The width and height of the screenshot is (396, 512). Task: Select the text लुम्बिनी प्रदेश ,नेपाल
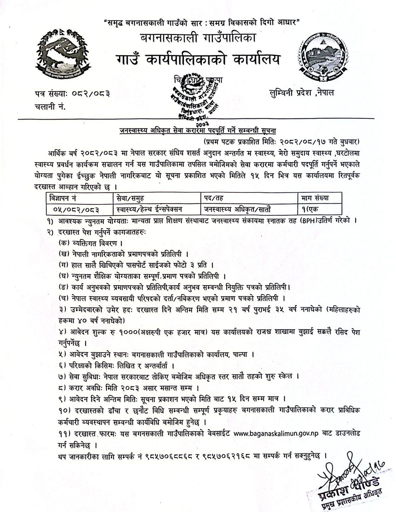pyautogui.click(x=301, y=92)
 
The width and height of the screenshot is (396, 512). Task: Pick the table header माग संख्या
pyautogui.click(x=315, y=197)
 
